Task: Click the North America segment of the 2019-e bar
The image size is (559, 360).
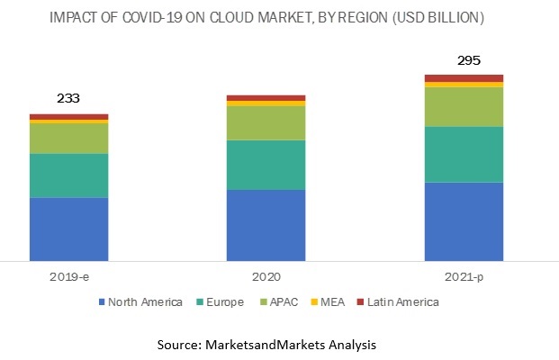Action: click(69, 229)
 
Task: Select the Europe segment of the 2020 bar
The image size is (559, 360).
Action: click(266, 165)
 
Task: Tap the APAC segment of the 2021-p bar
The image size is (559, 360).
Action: click(464, 107)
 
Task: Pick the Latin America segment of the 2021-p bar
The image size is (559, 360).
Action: click(464, 78)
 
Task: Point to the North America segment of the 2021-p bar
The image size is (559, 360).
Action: click(464, 221)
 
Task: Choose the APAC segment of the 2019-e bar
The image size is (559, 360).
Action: click(69, 139)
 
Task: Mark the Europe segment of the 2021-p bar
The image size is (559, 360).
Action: click(464, 154)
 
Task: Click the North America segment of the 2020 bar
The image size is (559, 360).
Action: click(266, 225)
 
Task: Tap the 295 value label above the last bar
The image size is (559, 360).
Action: click(464, 61)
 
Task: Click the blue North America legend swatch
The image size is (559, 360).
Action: click(101, 302)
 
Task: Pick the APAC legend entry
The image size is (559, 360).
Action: click(287, 302)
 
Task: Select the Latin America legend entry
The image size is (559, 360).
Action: click(402, 302)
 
